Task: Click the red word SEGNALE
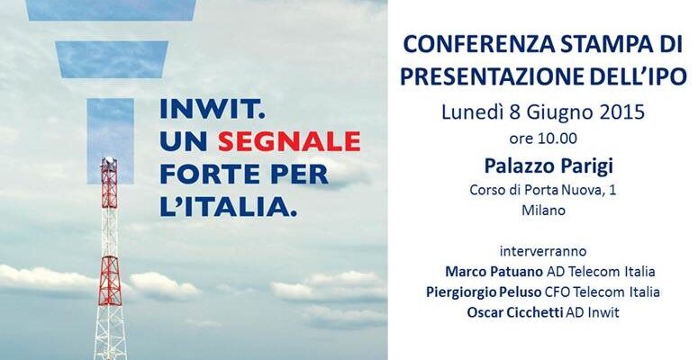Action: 289,141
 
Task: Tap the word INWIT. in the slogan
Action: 213,109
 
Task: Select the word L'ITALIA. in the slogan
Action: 229,207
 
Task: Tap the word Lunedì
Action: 472,112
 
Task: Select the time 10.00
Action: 557,139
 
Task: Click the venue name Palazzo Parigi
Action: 548,166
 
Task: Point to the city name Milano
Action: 543,210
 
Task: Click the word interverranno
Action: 543,251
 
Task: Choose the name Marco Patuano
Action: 494,272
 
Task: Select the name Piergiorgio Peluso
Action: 484,292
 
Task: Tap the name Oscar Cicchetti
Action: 515,312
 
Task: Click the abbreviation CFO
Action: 557,292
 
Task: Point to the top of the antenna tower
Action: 108,158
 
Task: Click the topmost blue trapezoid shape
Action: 111,10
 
